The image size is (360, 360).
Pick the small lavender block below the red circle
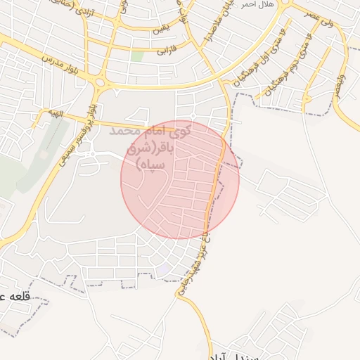(162, 269)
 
